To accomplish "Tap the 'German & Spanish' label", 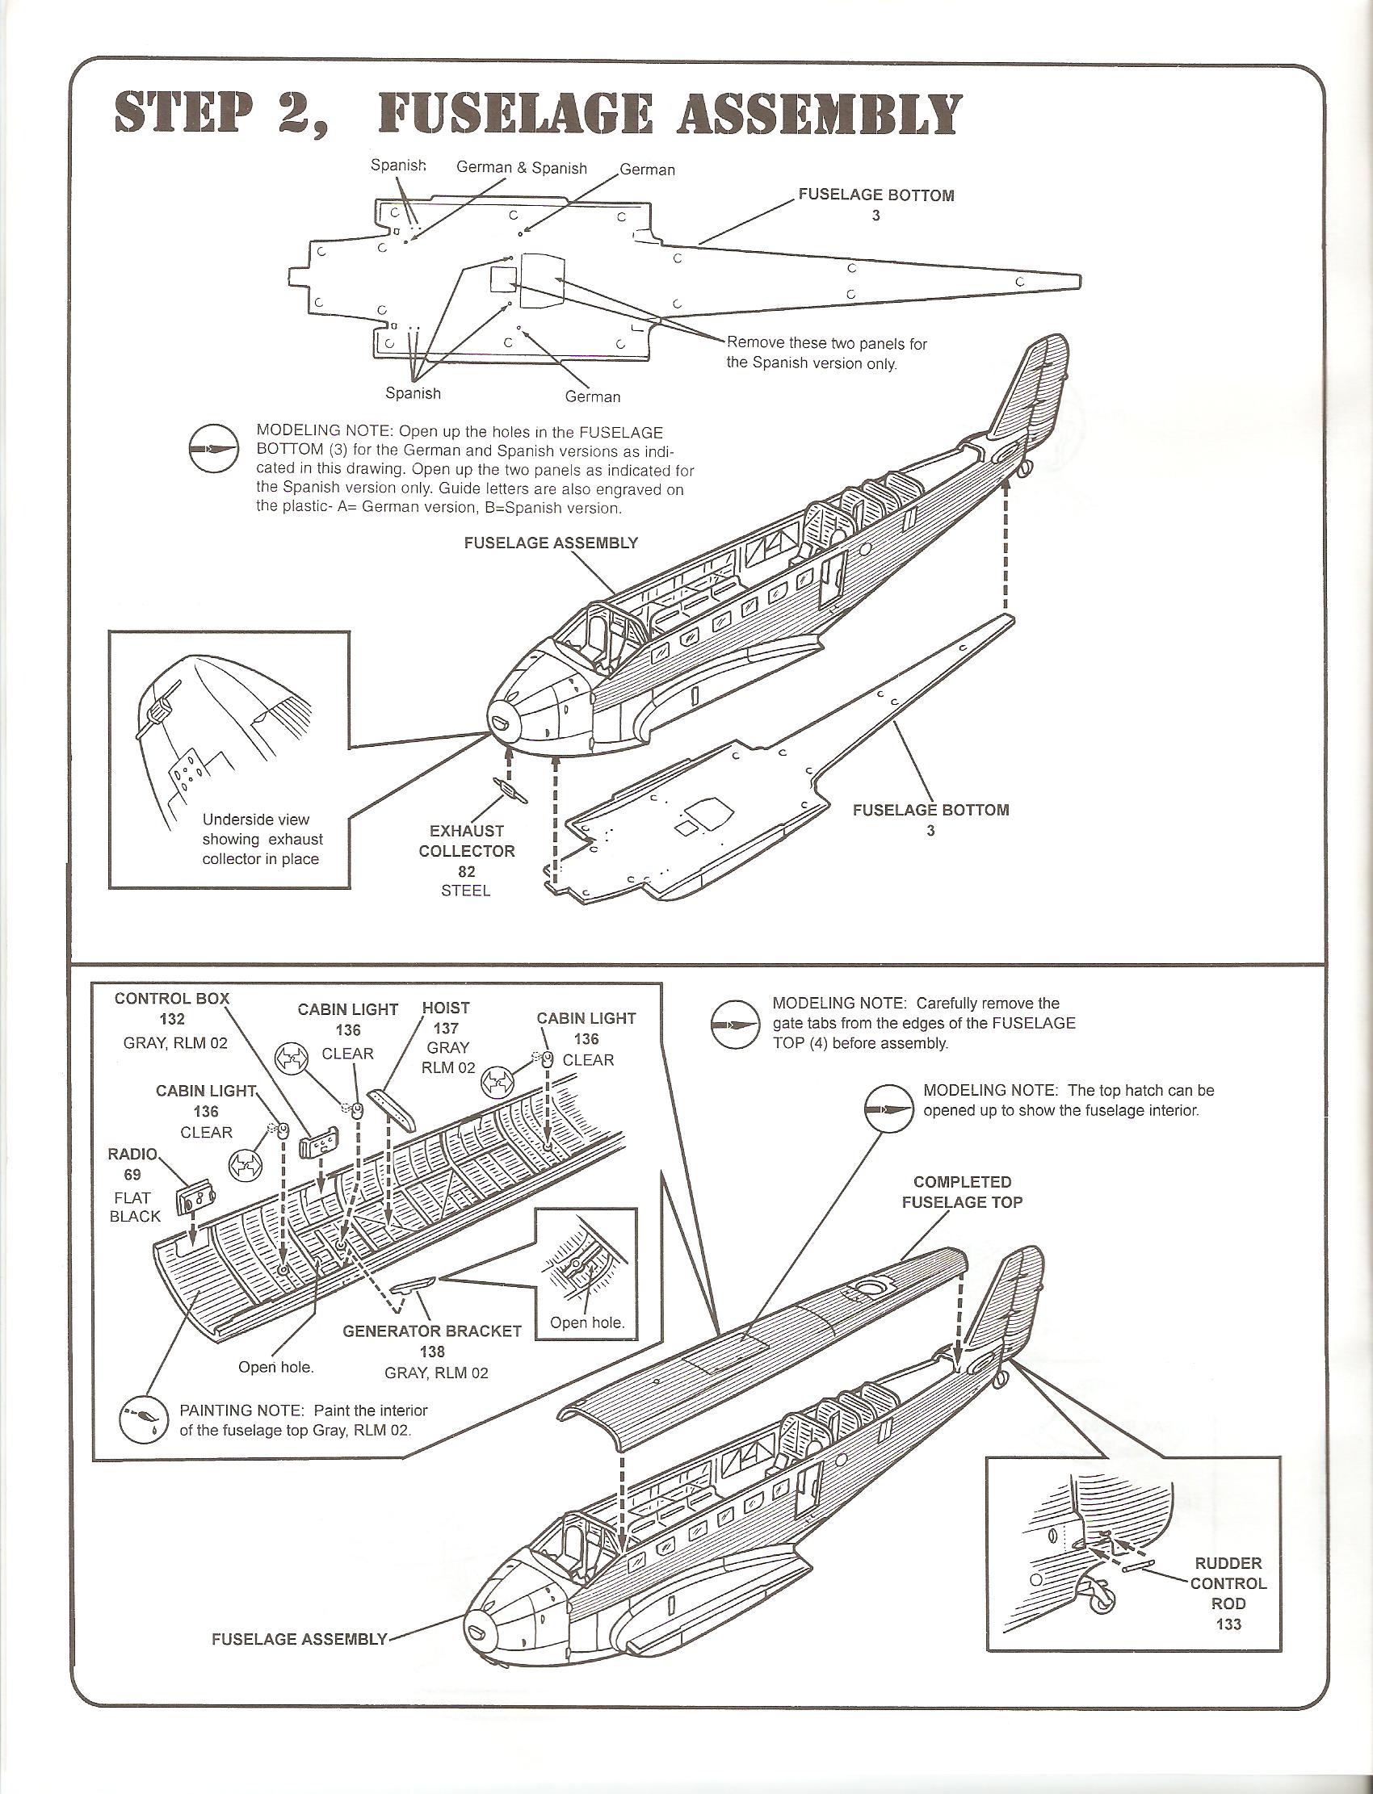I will (522, 168).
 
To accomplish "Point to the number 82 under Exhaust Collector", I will (467, 872).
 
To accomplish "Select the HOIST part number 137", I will (446, 1029).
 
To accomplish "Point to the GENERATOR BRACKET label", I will (431, 1331).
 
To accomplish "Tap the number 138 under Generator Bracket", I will (431, 1352).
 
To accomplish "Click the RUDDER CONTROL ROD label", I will (1228, 1583).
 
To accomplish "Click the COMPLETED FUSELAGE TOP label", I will (962, 1192).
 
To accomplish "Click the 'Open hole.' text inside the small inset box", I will (587, 1322).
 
